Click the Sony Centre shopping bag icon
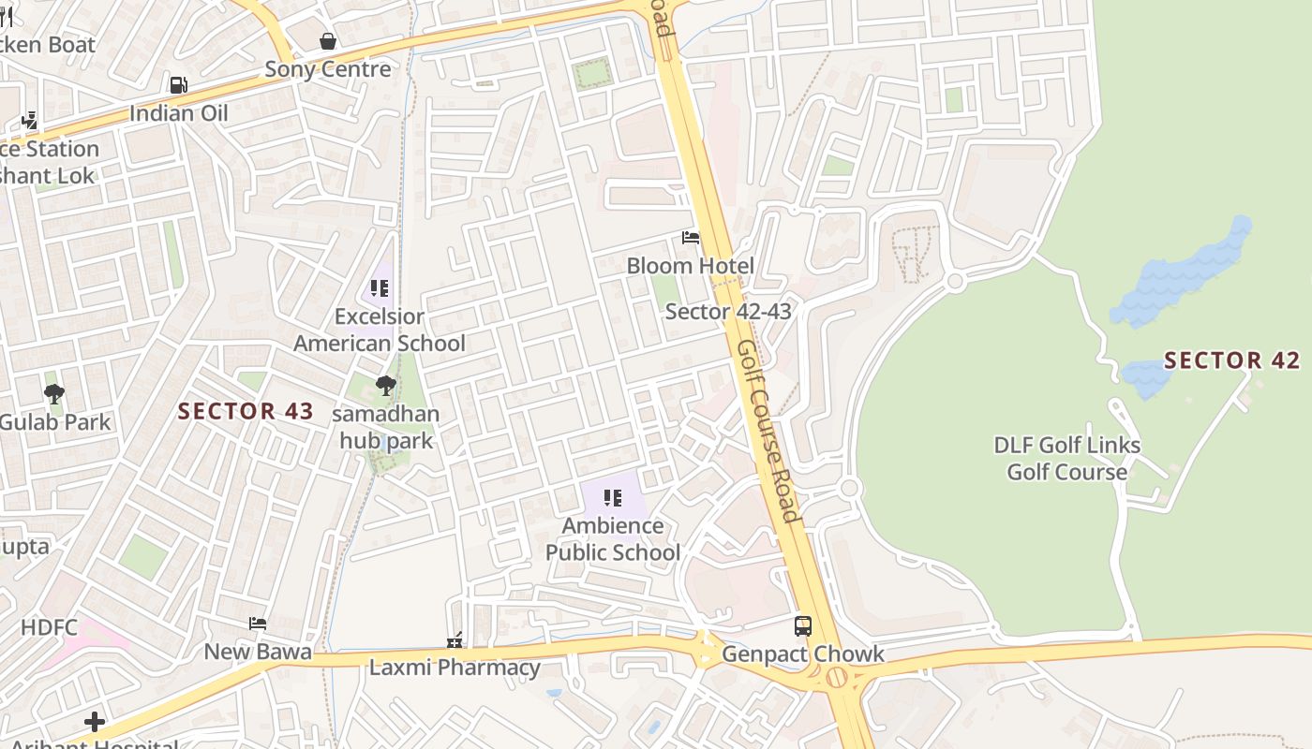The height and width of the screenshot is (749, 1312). coord(328,41)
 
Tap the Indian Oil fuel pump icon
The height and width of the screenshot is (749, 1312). coord(178,85)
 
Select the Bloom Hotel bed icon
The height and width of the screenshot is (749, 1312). coord(691,238)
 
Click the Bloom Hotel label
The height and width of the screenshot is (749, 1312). coord(690,266)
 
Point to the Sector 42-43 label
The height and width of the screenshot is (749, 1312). coord(728,311)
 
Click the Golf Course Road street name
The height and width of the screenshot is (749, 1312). coord(768,430)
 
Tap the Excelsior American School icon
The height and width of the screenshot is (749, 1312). coord(380,288)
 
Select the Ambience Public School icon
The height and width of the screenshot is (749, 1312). coord(613,498)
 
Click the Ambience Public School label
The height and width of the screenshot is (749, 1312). coord(613,539)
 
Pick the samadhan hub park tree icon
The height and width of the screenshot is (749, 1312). coord(385,385)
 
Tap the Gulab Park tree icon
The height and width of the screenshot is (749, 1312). coord(54,394)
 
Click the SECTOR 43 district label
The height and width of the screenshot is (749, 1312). coord(246,411)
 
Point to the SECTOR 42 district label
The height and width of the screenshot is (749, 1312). coord(1231,360)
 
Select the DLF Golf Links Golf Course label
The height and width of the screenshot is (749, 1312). coord(1066,459)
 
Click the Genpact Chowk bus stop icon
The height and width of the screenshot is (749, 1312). coord(803,625)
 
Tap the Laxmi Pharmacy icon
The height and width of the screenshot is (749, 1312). coord(455,641)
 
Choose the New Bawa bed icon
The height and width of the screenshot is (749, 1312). coord(258,624)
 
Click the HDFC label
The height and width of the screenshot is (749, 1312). coord(49,627)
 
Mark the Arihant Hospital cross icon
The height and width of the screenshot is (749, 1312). coord(94,721)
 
